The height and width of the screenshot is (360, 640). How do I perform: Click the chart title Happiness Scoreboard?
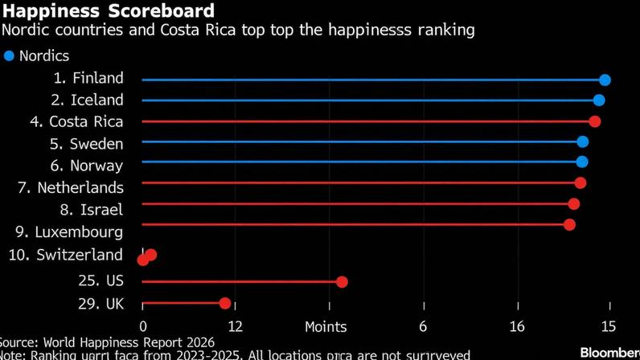click(x=109, y=11)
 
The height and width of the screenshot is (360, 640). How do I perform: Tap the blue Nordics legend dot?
click(x=10, y=56)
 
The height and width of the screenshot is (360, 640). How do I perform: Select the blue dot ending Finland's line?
click(x=605, y=80)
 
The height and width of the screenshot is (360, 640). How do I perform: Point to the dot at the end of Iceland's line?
click(x=599, y=100)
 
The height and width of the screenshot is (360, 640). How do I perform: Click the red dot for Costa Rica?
click(x=594, y=121)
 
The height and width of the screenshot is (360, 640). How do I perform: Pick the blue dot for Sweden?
click(x=583, y=142)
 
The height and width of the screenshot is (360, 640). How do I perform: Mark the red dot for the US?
click(x=342, y=282)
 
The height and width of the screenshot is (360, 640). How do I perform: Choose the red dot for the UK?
click(x=225, y=303)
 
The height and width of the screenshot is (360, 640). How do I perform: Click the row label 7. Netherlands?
click(x=70, y=188)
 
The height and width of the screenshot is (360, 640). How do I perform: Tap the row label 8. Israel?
click(x=92, y=210)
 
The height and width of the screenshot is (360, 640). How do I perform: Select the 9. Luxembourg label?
click(x=69, y=232)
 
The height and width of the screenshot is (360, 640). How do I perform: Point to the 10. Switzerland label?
click(x=65, y=255)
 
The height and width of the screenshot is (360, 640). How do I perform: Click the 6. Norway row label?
click(x=86, y=166)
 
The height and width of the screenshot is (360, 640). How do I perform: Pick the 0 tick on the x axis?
click(x=143, y=326)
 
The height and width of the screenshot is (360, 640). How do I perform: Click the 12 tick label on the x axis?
click(x=235, y=326)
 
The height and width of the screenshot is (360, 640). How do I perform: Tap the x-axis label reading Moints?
click(x=326, y=326)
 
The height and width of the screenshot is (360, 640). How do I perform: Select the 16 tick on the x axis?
click(x=517, y=326)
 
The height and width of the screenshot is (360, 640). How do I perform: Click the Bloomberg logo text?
click(x=609, y=353)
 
